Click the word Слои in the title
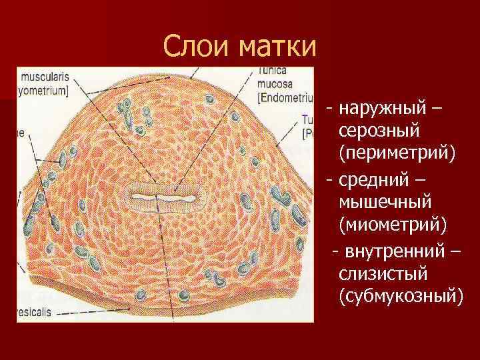pos(194,47)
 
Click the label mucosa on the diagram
pos(273,85)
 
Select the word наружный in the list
pos(387,108)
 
